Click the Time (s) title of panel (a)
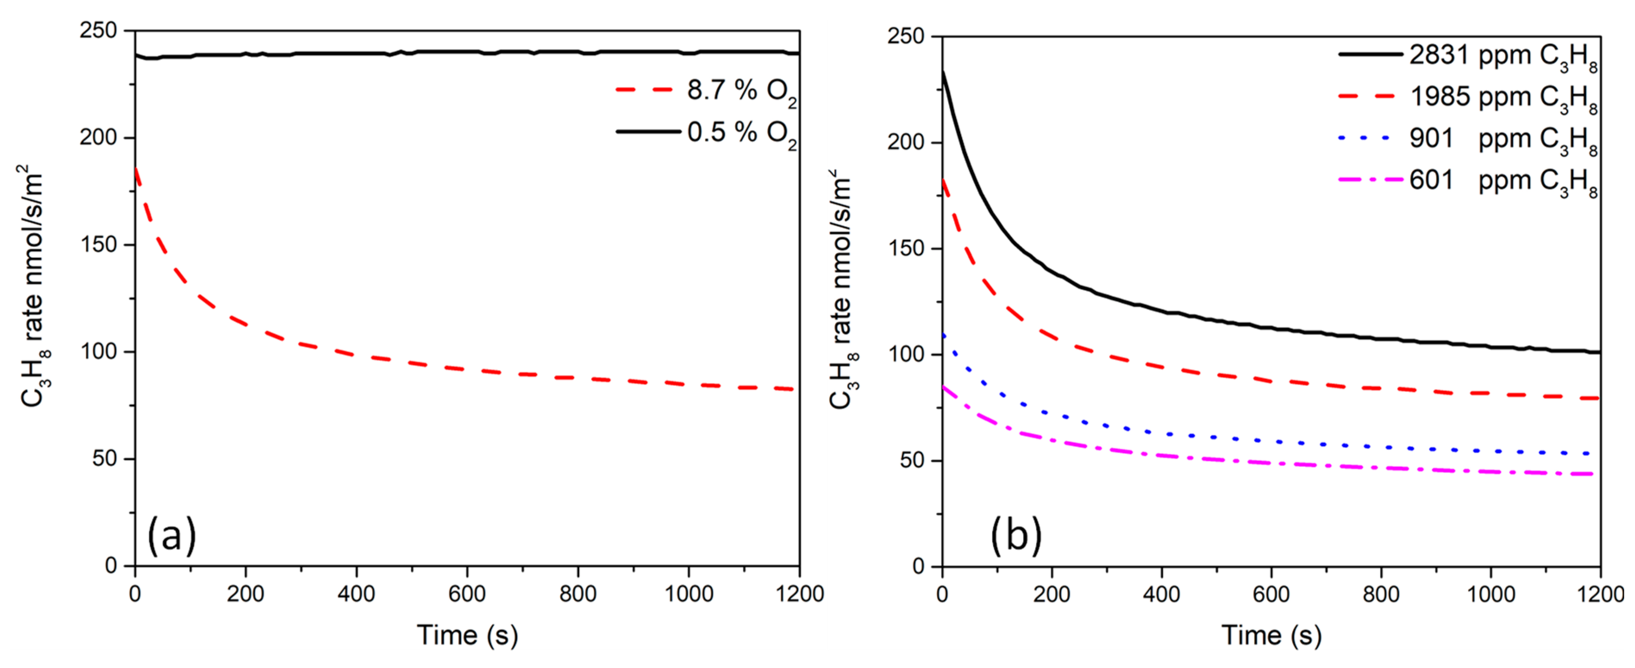point(467,635)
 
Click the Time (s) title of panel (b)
point(1271,635)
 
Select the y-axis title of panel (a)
point(33,286)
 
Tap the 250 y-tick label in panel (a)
point(98,31)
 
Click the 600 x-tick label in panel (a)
point(467,594)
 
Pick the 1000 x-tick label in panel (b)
point(1491,594)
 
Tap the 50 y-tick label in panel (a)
point(105,459)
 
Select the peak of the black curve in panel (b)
point(943,71)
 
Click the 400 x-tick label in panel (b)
point(1162,594)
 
